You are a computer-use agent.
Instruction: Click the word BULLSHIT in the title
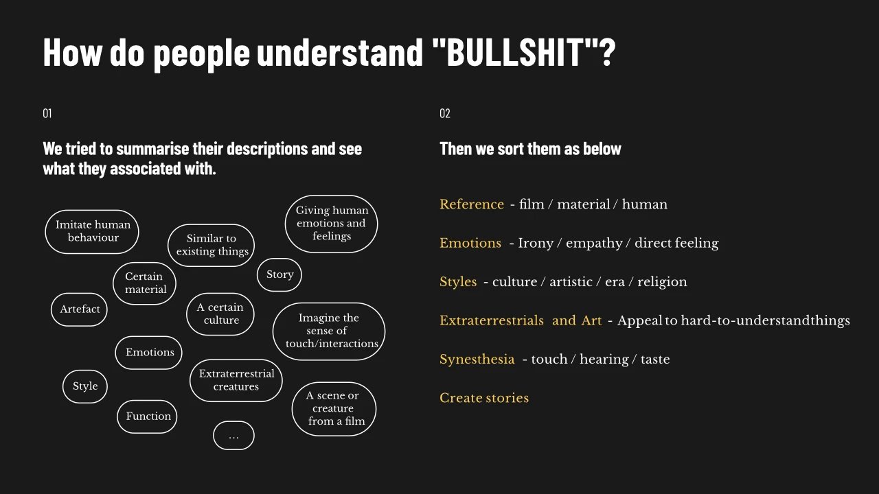tap(515, 52)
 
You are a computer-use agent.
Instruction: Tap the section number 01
tap(47, 113)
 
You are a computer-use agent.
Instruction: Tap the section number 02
tap(444, 113)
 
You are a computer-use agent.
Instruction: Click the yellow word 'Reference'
tap(472, 204)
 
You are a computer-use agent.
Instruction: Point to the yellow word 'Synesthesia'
tap(477, 359)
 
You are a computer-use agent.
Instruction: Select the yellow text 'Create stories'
tap(484, 398)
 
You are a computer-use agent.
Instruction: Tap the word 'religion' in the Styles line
tap(662, 282)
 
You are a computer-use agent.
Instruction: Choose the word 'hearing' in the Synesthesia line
tap(604, 360)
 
